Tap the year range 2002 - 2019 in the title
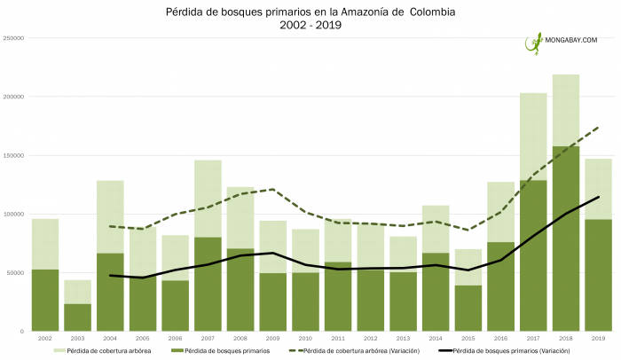(x=310, y=26)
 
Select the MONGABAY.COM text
(x=571, y=40)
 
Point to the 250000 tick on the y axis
(x=12, y=38)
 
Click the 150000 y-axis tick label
(x=12, y=155)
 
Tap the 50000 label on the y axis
(x=14, y=273)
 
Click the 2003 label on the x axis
(x=77, y=338)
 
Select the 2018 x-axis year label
(x=565, y=338)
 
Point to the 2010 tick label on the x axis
(x=305, y=338)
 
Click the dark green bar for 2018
(x=565, y=239)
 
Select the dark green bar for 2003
(x=77, y=317)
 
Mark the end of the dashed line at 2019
(x=598, y=127)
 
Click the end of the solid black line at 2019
(x=598, y=197)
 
